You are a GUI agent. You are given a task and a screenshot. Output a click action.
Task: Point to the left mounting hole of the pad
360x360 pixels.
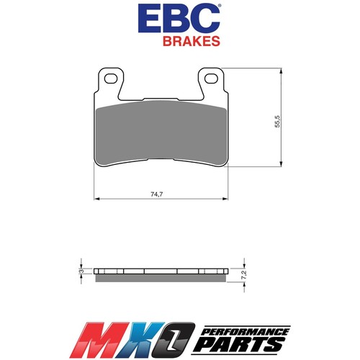[x=111, y=74]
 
